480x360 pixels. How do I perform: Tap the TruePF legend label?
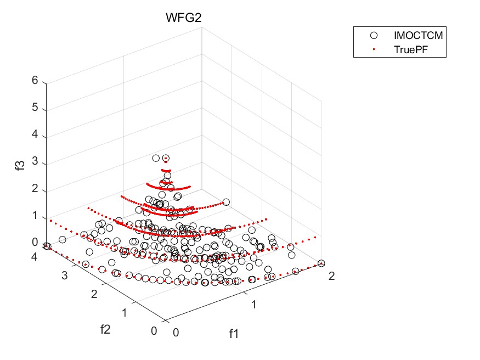[411, 49]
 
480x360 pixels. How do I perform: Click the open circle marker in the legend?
[375, 36]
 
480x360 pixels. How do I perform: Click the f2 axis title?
[106, 329]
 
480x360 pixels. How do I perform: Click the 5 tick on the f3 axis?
[35, 108]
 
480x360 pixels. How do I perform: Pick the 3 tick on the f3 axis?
[35, 162]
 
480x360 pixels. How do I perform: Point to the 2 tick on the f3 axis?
[35, 189]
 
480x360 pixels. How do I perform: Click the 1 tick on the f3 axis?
[35, 216]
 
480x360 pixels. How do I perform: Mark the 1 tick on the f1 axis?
[253, 303]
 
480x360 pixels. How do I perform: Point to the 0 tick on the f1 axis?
[176, 331]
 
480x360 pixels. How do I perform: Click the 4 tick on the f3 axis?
[35, 135]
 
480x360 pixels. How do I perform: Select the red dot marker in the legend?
[375, 49]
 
